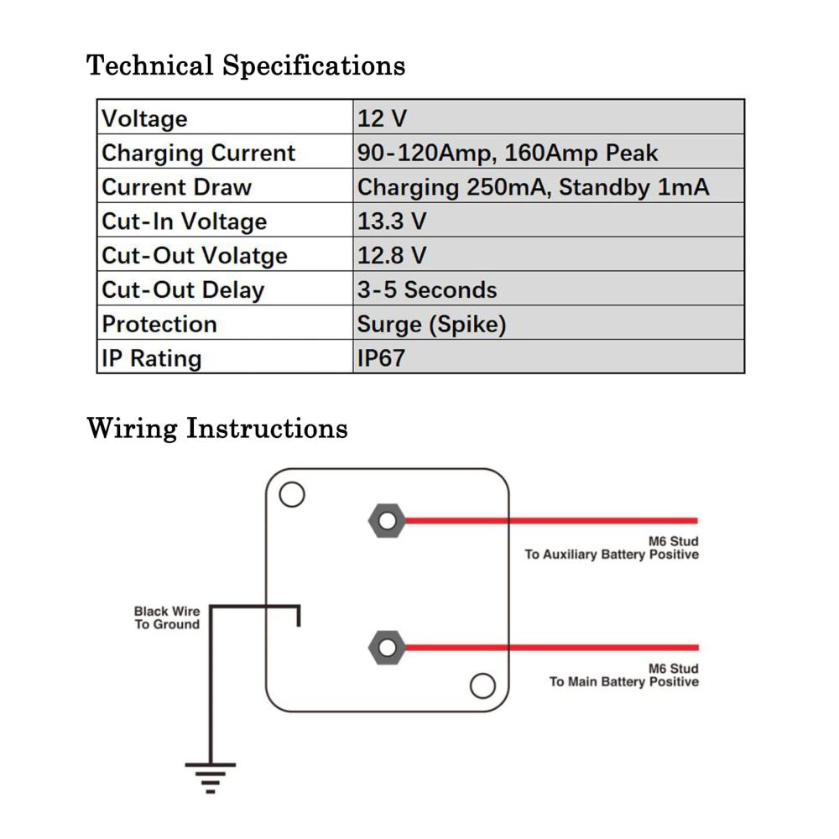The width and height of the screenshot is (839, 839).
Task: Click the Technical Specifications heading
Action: pyautogui.click(x=246, y=66)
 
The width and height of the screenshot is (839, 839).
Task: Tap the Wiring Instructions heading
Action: pyautogui.click(x=217, y=429)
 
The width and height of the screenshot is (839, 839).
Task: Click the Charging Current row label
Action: pyautogui.click(x=198, y=154)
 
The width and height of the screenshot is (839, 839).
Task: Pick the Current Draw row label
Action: pyautogui.click(x=176, y=187)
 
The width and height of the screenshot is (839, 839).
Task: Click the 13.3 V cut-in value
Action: pyautogui.click(x=392, y=221)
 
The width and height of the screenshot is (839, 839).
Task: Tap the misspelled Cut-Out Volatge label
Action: pyautogui.click(x=195, y=256)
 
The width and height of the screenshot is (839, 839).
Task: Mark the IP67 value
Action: pyautogui.click(x=381, y=358)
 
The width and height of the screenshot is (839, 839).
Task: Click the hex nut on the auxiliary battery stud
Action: pyautogui.click(x=387, y=521)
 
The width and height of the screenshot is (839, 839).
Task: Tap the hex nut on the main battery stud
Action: pyautogui.click(x=387, y=648)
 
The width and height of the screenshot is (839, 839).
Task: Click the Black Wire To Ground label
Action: pyautogui.click(x=167, y=618)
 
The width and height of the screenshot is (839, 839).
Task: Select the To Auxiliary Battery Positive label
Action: pyautogui.click(x=612, y=555)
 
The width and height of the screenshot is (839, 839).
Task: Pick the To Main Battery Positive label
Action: pyautogui.click(x=624, y=681)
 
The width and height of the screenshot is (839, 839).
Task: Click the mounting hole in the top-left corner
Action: pyautogui.click(x=292, y=494)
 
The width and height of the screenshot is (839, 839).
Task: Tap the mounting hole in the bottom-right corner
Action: pyautogui.click(x=482, y=686)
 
